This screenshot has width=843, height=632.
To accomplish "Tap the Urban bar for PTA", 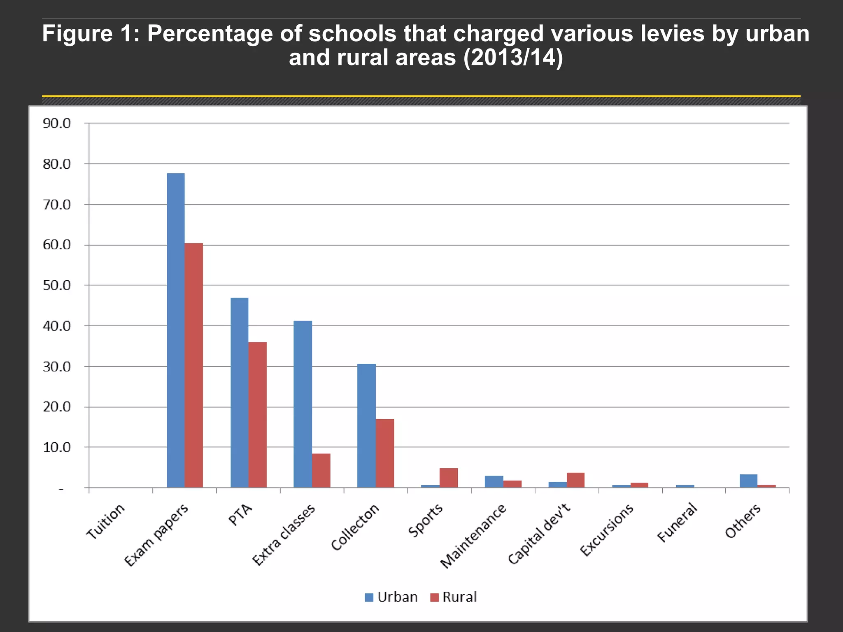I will click(240, 393).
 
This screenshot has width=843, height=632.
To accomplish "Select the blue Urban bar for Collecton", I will click(366, 425).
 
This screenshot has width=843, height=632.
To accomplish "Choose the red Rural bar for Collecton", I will click(385, 453).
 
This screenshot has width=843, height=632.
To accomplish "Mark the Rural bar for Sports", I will click(449, 478).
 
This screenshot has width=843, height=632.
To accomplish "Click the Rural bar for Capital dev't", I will click(575, 480).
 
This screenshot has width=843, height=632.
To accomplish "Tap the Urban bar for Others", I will click(748, 481).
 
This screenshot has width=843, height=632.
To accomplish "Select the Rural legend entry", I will click(453, 597).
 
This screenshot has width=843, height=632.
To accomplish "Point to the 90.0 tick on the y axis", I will click(57, 123).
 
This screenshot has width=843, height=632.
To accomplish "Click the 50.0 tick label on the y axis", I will click(57, 285).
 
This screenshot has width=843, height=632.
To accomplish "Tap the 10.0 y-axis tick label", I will click(57, 447).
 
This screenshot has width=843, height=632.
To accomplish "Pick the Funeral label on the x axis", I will click(678, 523).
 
